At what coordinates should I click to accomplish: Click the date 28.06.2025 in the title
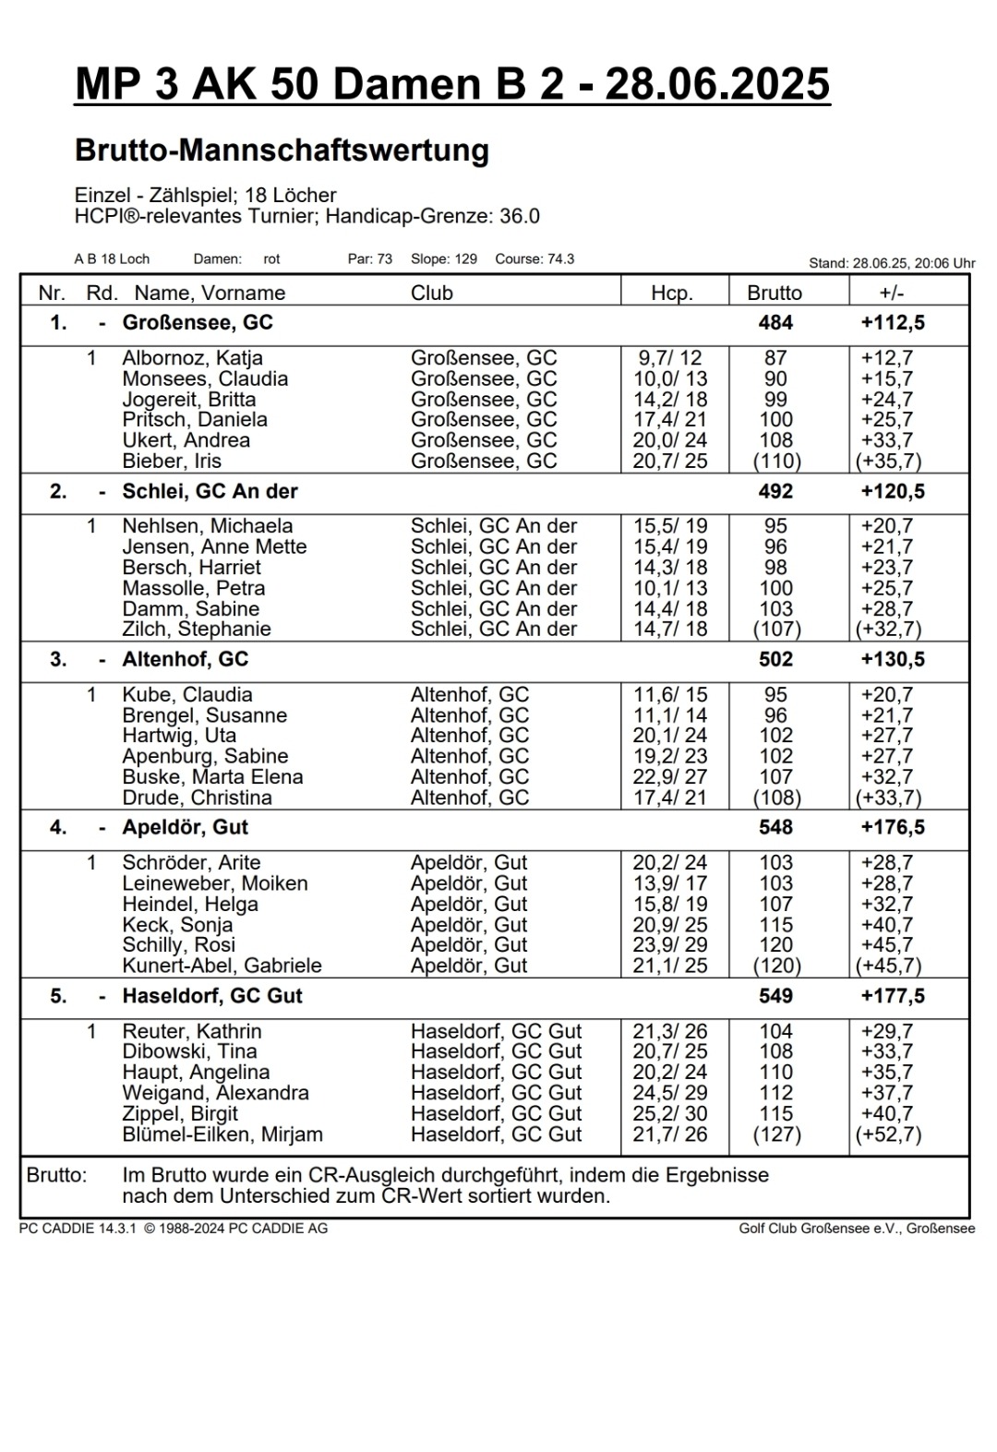(717, 85)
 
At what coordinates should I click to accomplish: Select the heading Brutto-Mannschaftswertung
(282, 150)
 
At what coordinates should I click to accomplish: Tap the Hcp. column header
(671, 294)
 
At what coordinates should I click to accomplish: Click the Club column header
(431, 294)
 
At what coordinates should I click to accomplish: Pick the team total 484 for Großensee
(775, 322)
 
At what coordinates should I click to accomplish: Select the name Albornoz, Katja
(192, 358)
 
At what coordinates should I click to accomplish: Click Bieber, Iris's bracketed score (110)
(775, 461)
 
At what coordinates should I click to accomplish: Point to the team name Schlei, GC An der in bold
(210, 491)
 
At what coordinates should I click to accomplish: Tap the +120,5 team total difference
(892, 491)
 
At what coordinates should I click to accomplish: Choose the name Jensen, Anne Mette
(214, 546)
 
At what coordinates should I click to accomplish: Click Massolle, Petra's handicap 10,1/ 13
(670, 588)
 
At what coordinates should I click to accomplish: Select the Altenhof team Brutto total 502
(775, 659)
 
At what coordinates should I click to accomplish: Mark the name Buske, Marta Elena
(212, 777)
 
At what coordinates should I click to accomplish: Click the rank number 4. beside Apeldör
(58, 827)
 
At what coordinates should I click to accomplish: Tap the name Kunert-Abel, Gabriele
(222, 966)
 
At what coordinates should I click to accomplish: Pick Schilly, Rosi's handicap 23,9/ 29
(670, 945)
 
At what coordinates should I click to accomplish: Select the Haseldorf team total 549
(775, 996)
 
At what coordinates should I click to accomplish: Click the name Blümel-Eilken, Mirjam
(222, 1134)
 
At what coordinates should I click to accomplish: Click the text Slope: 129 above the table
(444, 259)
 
